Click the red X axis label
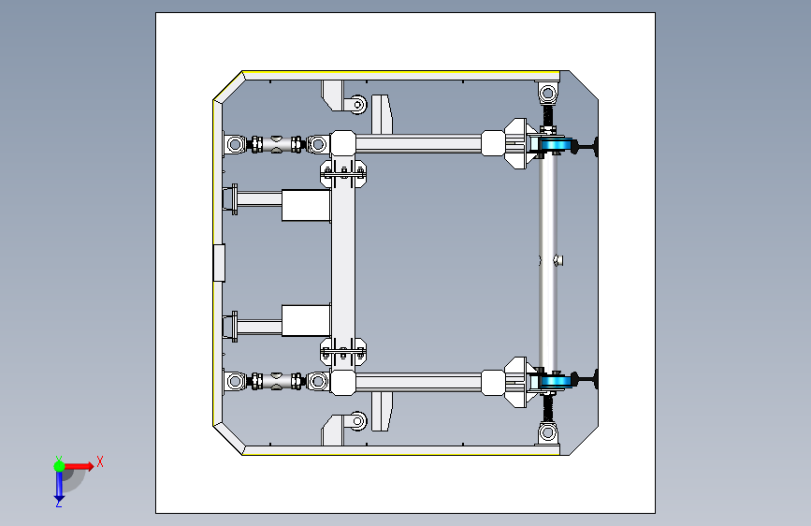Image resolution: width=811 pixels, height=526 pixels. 100,461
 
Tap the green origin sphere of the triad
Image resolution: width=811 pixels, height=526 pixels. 59,466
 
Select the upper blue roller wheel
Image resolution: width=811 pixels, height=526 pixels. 556,144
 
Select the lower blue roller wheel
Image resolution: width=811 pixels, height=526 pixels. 556,382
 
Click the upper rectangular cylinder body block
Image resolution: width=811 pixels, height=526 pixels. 306,206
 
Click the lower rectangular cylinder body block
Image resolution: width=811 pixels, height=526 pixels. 306,320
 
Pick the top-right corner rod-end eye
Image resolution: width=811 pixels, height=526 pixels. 548,94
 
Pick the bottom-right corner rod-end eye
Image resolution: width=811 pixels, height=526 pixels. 548,431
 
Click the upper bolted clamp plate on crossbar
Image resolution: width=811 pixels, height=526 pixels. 343,173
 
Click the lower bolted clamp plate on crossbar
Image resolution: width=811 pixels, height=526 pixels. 343,352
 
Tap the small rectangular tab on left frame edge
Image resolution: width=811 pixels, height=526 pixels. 219,263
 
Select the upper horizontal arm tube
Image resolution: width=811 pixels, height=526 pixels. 418,144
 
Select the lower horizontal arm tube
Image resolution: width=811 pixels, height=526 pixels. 418,382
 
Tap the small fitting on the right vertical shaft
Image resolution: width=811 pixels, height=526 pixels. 558,260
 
